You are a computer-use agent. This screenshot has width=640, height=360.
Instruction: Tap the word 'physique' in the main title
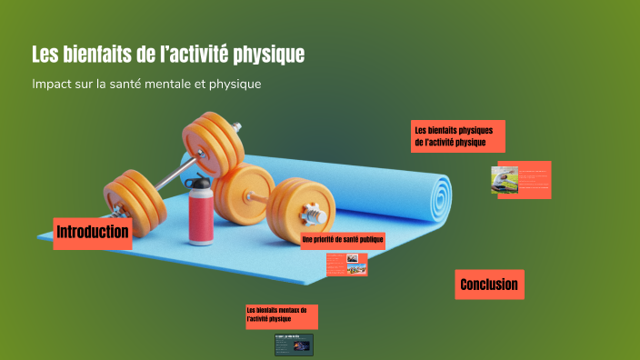[x=268, y=55]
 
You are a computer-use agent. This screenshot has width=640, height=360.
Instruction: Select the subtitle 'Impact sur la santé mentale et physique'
[x=146, y=84]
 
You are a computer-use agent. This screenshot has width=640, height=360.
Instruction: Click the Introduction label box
[x=93, y=233]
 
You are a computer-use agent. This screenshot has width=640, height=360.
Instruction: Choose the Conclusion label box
[x=489, y=285]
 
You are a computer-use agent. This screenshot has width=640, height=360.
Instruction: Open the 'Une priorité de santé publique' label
[x=343, y=241]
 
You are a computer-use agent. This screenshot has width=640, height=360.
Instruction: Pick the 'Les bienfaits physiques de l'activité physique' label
[x=457, y=136]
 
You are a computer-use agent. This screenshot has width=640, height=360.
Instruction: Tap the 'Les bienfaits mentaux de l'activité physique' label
[x=281, y=315]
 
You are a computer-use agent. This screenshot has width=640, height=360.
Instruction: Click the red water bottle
[x=201, y=215]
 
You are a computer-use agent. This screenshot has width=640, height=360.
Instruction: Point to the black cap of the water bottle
[x=197, y=181]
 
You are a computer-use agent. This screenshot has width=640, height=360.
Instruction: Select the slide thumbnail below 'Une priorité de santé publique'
[x=346, y=264]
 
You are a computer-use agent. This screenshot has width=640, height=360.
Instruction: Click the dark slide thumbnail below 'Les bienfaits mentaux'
[x=294, y=344]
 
